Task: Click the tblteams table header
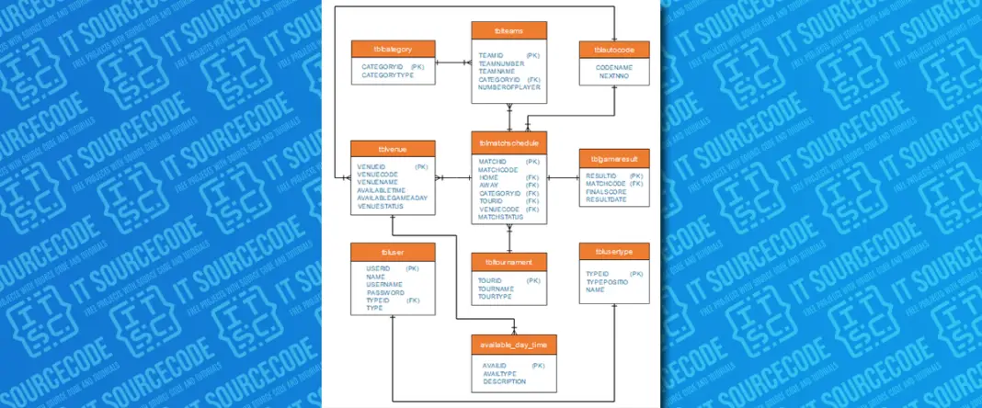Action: click(508, 30)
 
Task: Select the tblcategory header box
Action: click(393, 49)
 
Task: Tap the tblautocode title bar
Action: click(615, 49)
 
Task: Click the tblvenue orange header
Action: click(393, 149)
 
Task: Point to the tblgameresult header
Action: click(615, 159)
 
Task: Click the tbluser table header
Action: click(393, 251)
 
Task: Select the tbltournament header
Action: click(508, 262)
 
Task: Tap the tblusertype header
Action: click(615, 251)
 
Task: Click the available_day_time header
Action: click(514, 345)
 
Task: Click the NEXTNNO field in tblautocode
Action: click(613, 76)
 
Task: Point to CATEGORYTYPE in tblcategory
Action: click(388, 75)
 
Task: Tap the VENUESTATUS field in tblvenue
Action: click(383, 206)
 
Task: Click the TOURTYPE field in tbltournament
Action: click(495, 296)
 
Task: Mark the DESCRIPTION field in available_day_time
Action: click(504, 381)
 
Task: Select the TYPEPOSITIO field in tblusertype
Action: click(608, 281)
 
